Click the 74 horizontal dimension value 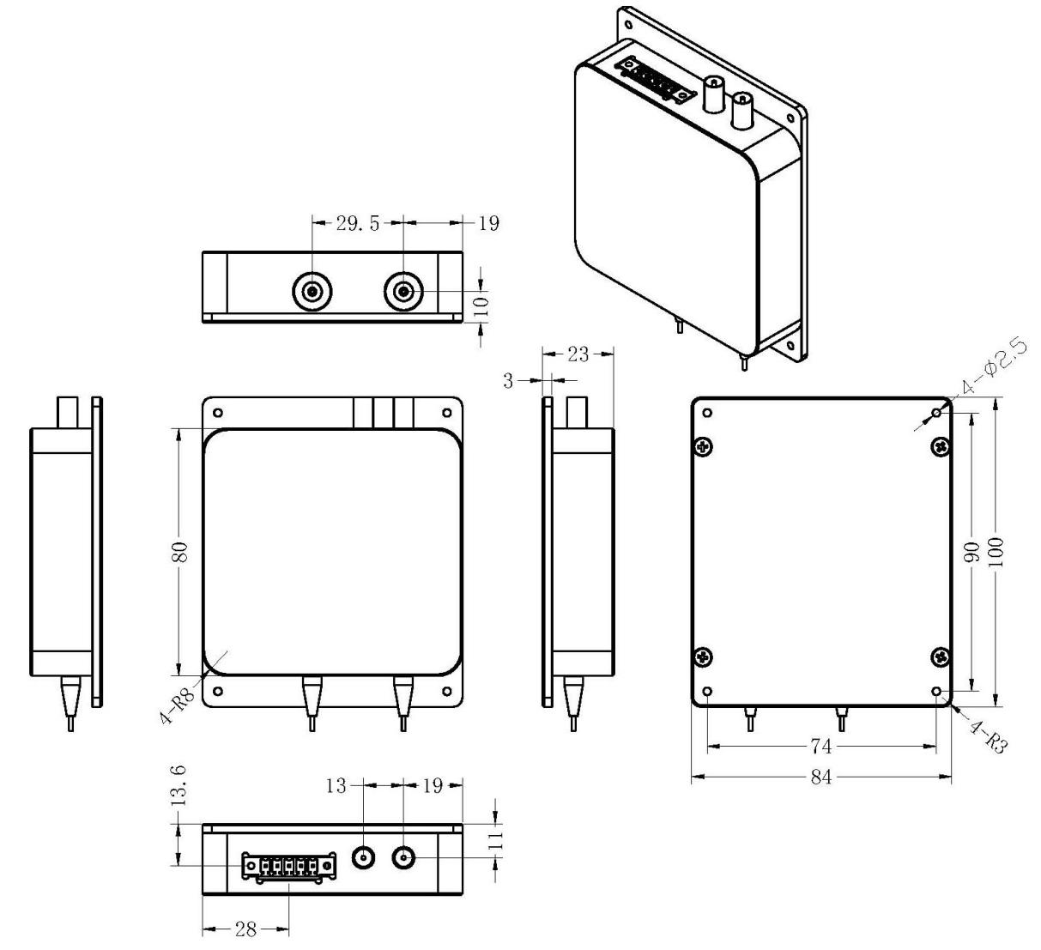820,747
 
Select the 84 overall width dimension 820,778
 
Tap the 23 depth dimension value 579,354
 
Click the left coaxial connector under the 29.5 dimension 312,293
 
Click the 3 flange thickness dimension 508,381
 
